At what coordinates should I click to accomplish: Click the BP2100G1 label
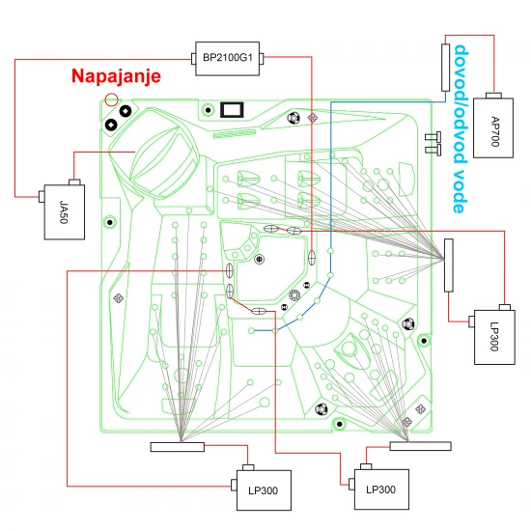click(228, 58)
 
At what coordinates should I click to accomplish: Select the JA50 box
click(65, 212)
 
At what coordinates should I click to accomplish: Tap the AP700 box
click(493, 127)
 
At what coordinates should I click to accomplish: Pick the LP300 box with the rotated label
click(494, 337)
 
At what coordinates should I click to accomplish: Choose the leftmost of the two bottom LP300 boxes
click(264, 490)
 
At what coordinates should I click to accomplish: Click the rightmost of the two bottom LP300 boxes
click(381, 489)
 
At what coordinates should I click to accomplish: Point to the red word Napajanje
click(116, 76)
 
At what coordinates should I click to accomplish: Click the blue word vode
click(461, 190)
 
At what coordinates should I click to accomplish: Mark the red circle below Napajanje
click(111, 99)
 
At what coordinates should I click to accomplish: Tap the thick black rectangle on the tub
click(232, 110)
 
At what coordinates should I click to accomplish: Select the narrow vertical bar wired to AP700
click(446, 68)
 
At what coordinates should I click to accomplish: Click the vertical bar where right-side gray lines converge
click(449, 265)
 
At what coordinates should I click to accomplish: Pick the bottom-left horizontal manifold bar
click(178, 447)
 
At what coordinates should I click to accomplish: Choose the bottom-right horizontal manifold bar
click(421, 446)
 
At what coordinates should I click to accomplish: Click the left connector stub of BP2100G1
click(194, 59)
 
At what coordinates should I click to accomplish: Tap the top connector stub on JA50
click(74, 182)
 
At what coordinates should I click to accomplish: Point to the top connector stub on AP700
click(493, 96)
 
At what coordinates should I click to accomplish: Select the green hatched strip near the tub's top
click(235, 134)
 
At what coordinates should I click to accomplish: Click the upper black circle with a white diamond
click(126, 111)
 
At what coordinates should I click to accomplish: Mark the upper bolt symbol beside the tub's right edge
click(433, 137)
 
